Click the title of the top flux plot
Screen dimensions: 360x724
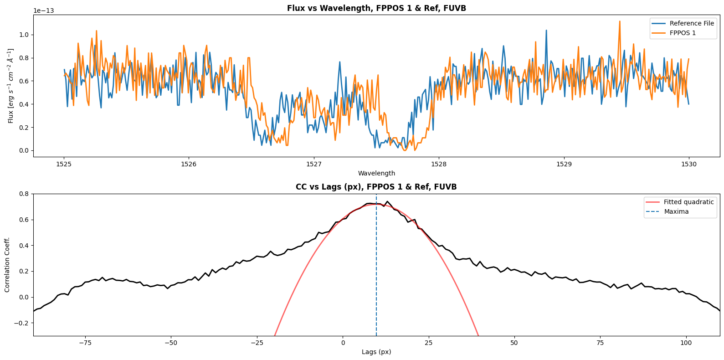(376, 8)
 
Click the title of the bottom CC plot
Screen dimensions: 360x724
(376, 187)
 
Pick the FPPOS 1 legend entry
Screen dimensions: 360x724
(683, 33)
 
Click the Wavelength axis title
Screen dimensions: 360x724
(376, 173)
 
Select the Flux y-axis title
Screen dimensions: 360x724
(11, 86)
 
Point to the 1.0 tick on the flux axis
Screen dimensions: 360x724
(24, 35)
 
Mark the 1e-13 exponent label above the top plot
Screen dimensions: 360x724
(44, 10)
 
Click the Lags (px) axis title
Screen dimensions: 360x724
(376, 352)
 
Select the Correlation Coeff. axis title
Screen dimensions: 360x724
(7, 265)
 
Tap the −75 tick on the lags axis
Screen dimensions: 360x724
(85, 343)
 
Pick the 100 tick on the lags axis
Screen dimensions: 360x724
(686, 343)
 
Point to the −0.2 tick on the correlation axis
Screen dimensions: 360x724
(21, 323)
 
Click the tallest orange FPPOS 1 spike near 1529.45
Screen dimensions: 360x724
(620, 21)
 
